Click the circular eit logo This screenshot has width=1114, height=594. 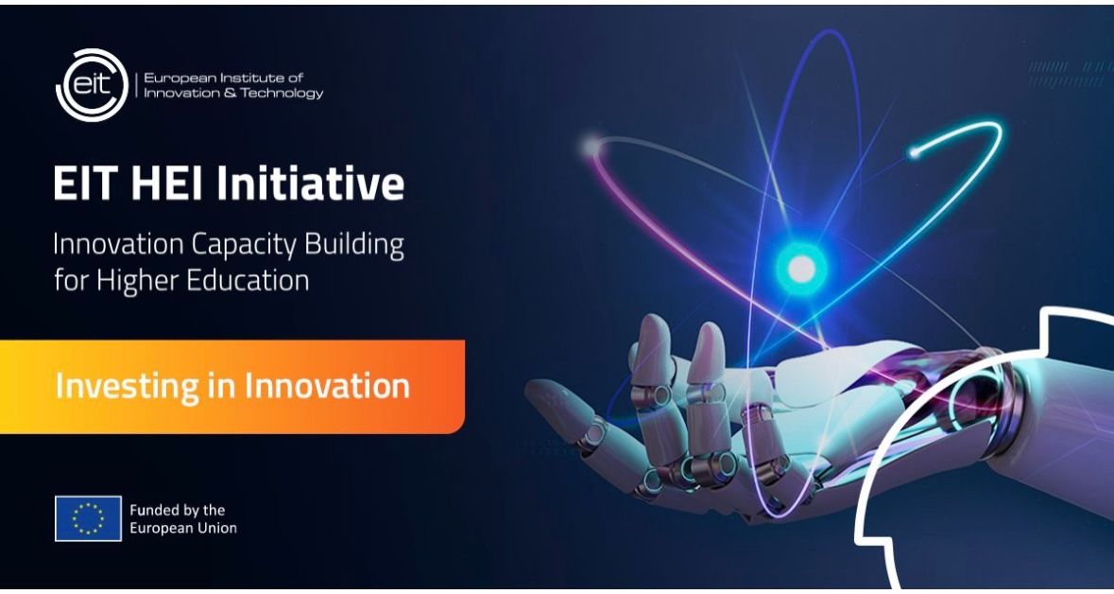tap(91, 85)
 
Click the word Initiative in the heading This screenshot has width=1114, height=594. tap(311, 183)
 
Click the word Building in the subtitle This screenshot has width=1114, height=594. tap(362, 245)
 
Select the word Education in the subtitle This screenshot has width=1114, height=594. tap(249, 281)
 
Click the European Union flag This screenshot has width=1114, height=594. tap(88, 518)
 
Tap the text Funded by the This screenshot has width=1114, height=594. tap(178, 510)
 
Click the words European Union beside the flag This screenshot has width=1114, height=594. tap(183, 528)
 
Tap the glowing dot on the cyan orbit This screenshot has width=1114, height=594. tap(914, 151)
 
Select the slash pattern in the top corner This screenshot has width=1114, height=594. tap(1068, 74)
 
